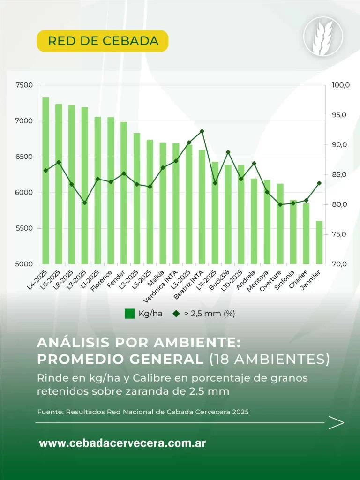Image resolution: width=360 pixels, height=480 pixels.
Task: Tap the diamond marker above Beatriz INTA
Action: point(202,131)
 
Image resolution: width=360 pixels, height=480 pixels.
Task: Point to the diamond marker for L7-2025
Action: point(85,202)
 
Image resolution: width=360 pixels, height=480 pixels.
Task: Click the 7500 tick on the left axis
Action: point(24,85)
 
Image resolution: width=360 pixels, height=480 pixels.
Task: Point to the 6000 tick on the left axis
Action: point(24,193)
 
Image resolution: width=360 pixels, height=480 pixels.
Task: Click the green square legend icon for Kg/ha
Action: point(130,314)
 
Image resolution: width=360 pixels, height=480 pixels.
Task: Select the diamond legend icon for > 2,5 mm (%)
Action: point(176,314)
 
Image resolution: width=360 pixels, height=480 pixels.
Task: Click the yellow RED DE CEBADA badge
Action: point(103,41)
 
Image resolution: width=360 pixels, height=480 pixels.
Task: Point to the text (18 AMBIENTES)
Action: point(269,359)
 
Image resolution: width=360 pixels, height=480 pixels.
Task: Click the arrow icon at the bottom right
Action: point(336,422)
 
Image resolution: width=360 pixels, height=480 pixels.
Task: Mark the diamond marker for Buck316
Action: point(228,152)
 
